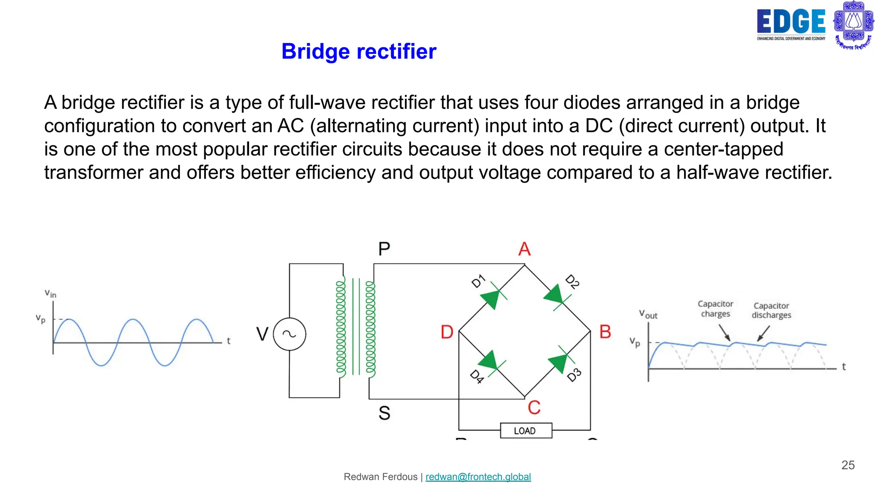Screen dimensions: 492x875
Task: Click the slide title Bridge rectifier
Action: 359,52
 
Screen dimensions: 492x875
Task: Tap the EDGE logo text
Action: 791,22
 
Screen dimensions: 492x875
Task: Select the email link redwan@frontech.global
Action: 478,477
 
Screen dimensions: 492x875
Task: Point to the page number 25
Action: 848,465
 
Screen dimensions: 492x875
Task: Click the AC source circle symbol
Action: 289,334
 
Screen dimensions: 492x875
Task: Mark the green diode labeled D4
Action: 490,361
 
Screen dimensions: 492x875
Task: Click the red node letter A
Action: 524,249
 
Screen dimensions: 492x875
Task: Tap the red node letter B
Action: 605,332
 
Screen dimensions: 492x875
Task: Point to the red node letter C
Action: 534,407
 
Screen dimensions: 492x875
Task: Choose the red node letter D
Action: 447,332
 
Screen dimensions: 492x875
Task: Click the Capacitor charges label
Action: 715,309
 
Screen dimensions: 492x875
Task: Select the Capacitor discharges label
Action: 771,310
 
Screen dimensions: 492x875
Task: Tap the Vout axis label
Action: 648,314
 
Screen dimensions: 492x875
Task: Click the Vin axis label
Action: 50,293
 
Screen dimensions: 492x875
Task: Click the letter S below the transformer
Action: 384,413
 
